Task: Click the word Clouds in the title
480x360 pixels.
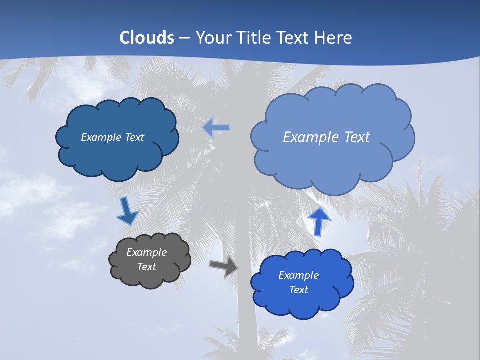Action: (x=147, y=38)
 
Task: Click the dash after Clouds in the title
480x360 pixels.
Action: (x=184, y=38)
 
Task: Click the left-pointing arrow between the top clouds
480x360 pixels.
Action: (x=216, y=128)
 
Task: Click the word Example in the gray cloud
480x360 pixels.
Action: (x=146, y=252)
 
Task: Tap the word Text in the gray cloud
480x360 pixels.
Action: (x=146, y=267)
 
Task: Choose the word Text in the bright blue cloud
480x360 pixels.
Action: (x=298, y=290)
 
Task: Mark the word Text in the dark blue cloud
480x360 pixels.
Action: (x=134, y=137)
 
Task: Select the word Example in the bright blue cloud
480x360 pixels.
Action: (x=298, y=275)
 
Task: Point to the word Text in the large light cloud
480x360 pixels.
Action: (x=356, y=137)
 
